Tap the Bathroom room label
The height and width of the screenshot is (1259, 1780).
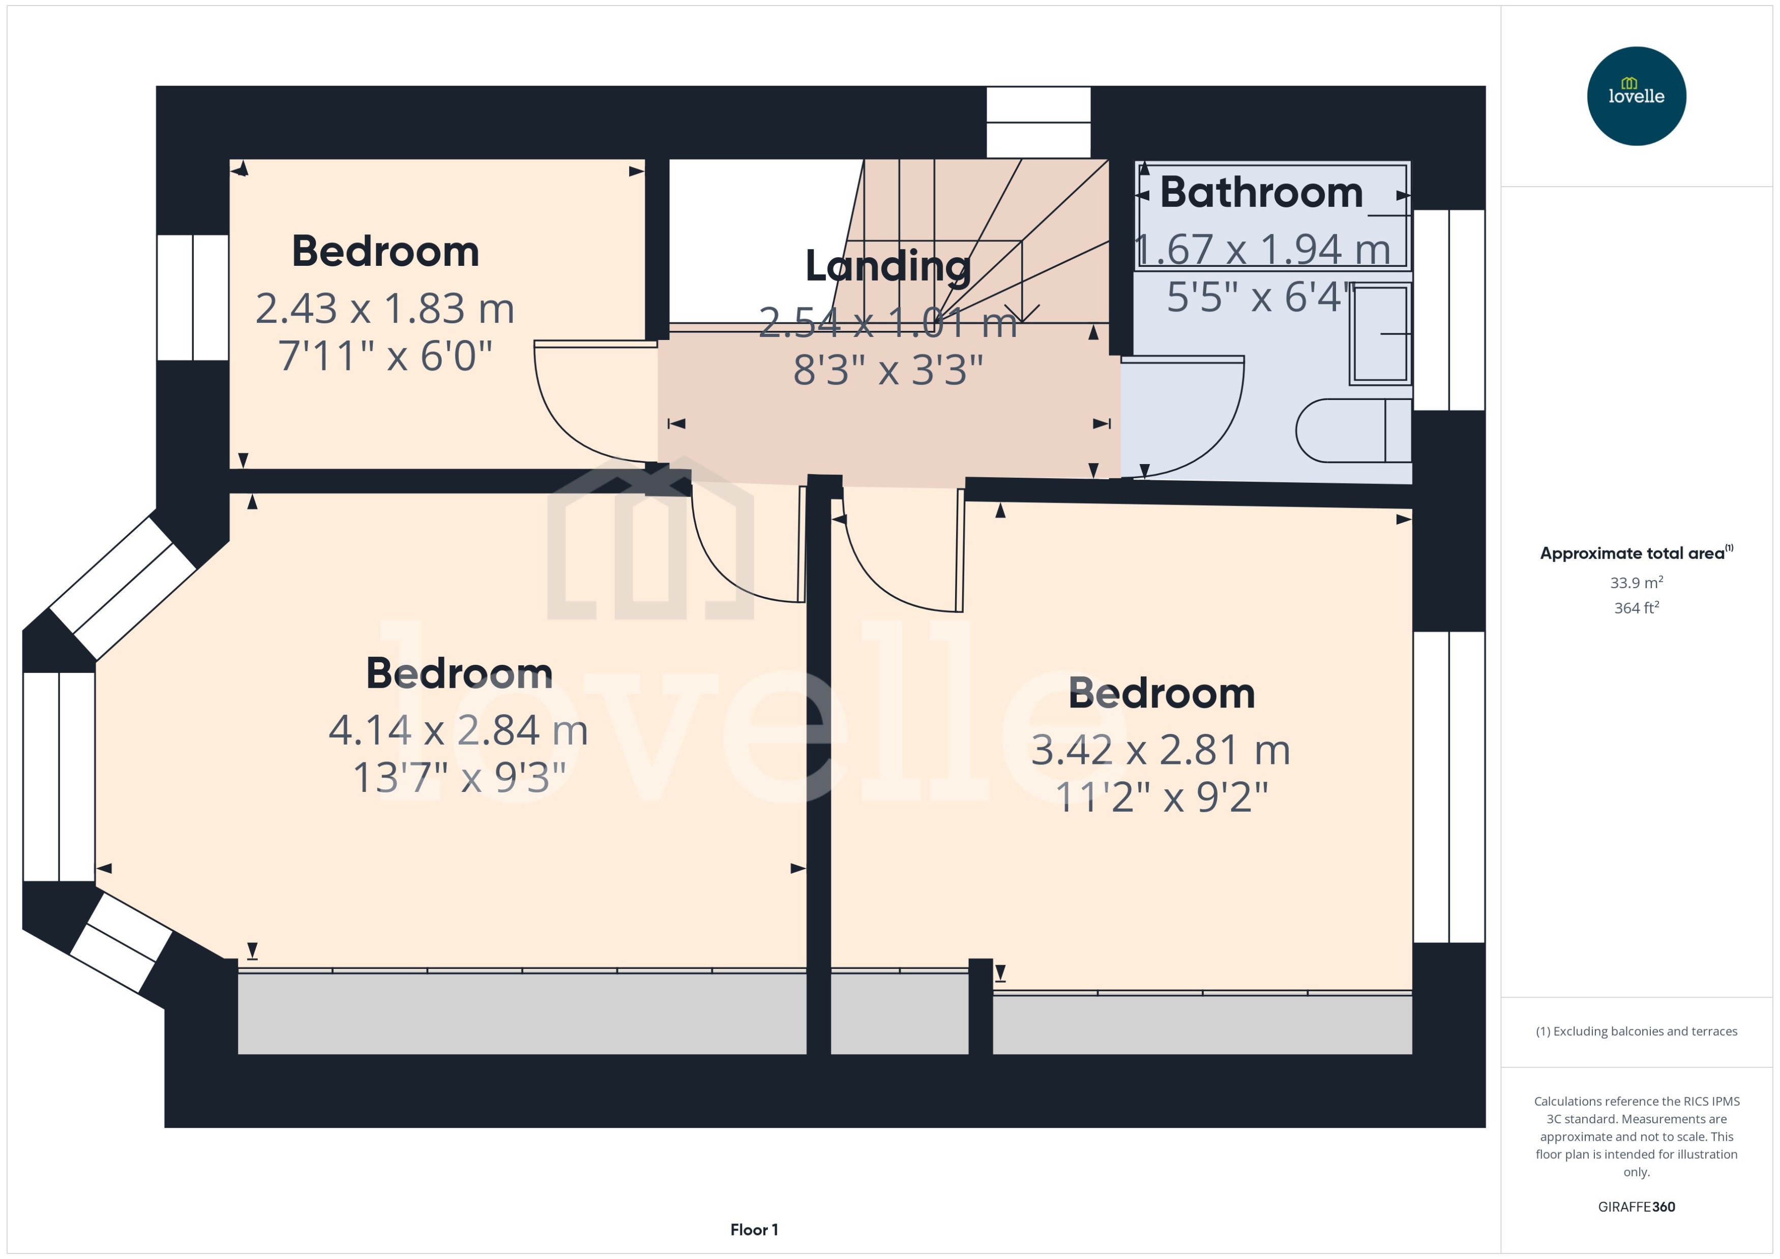click(1261, 192)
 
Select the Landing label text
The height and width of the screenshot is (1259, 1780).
click(887, 266)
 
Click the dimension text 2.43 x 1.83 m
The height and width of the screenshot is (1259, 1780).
click(384, 309)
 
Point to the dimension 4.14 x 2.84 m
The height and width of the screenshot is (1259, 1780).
click(458, 730)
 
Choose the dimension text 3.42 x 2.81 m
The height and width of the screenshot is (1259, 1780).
click(1160, 750)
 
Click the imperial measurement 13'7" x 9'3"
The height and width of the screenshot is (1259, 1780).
click(459, 778)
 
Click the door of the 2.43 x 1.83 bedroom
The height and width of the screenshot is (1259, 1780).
click(582, 403)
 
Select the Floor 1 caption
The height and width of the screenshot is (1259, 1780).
click(754, 1230)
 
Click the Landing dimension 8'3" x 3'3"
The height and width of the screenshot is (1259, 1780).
click(888, 370)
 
